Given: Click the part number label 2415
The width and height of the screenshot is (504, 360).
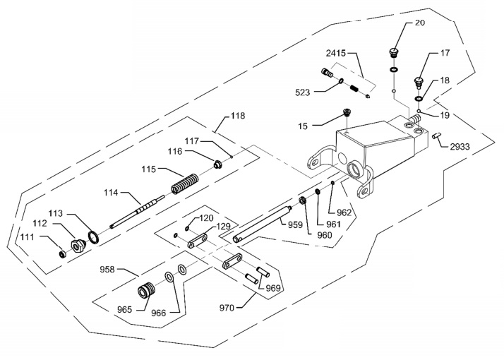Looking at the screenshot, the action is [x=335, y=53].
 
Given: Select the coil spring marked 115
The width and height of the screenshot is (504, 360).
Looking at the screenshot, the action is [x=184, y=184].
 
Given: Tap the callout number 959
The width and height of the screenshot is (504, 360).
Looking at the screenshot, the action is [x=295, y=224].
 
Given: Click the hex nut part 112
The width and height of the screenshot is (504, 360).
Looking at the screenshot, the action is [x=77, y=246].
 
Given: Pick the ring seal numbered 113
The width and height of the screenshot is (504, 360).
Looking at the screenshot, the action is [x=94, y=237].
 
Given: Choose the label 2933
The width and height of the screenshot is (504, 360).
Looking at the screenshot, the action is [x=460, y=147].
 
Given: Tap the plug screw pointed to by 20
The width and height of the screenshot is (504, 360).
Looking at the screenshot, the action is [x=393, y=52].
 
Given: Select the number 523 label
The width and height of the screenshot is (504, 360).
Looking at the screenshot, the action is [x=302, y=92].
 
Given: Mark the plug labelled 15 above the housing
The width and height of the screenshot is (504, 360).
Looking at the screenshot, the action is [x=347, y=112].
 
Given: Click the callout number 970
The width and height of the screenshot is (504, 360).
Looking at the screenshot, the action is [x=227, y=308].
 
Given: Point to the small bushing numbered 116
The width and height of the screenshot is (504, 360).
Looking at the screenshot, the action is [x=218, y=164].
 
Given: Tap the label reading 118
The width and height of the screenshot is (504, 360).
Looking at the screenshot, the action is [x=238, y=116].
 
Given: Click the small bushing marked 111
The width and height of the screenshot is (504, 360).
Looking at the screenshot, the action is [x=63, y=254].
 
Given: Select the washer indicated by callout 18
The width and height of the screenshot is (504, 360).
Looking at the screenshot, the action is [x=419, y=98].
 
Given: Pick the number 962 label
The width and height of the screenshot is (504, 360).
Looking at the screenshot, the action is [x=344, y=212].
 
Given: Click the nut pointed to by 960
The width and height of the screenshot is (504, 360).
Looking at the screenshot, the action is [x=302, y=201].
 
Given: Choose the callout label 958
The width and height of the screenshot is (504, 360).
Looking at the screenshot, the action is [x=107, y=269].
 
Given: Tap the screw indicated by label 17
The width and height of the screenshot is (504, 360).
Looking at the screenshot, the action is [x=419, y=82].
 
